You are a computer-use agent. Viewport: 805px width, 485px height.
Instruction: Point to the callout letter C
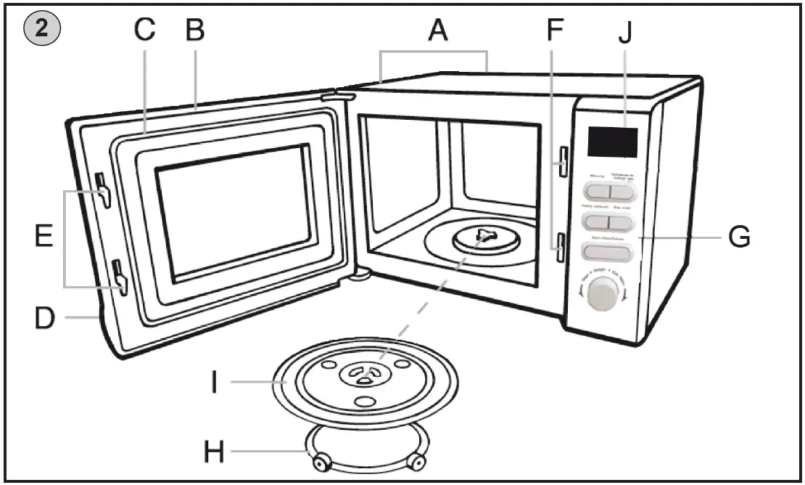(x=145, y=30)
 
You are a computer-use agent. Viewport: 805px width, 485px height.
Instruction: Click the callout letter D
(x=45, y=317)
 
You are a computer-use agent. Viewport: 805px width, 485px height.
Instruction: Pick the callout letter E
(x=44, y=236)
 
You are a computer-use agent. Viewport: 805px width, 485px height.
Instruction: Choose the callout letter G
(x=739, y=237)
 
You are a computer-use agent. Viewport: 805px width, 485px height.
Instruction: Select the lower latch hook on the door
(x=120, y=277)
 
